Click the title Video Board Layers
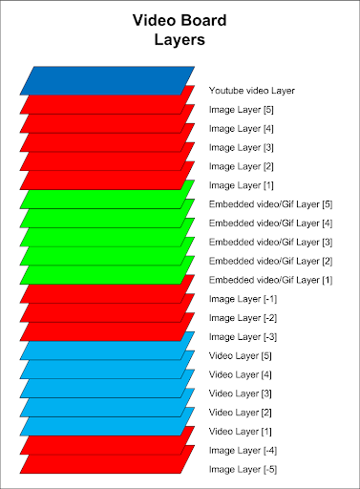180,30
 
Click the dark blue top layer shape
107,80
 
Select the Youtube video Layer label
252,91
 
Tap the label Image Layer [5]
242,110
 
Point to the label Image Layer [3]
242,148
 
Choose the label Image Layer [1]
242,185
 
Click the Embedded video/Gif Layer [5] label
270,204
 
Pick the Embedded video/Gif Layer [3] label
270,243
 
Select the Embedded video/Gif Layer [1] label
270,280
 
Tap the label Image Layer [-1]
243,299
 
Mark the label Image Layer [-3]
243,337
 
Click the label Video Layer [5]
241,356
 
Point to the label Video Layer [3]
241,393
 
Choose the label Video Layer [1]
241,432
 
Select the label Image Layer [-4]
243,451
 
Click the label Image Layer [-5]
243,470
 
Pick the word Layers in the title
180,39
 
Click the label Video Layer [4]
241,375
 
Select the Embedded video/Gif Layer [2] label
270,262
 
